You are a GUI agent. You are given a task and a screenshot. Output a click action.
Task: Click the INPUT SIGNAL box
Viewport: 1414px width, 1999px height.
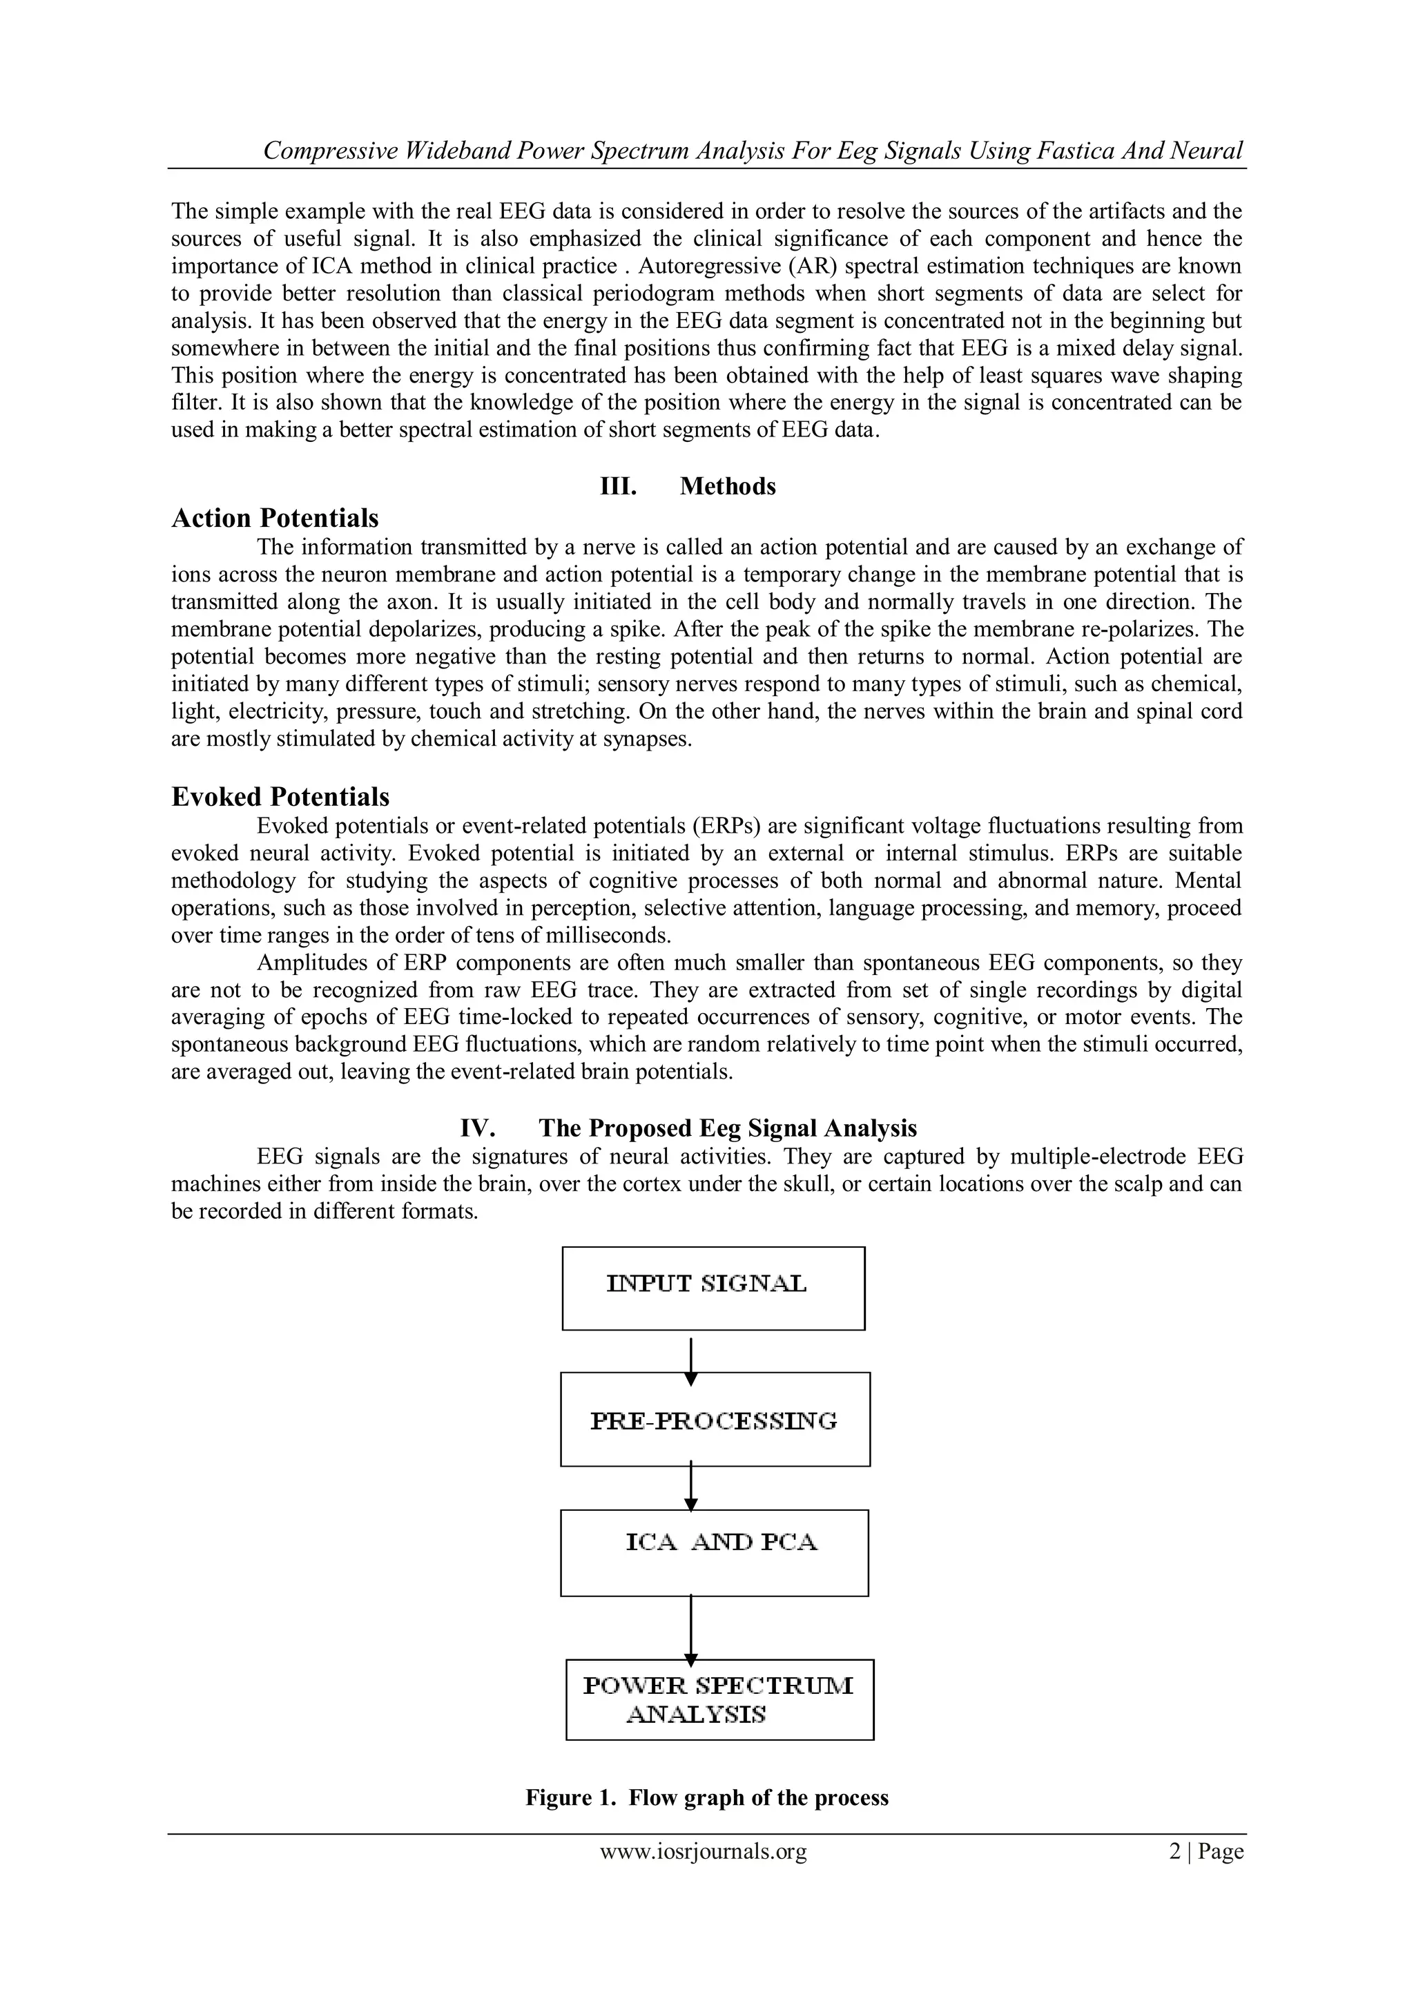713,1288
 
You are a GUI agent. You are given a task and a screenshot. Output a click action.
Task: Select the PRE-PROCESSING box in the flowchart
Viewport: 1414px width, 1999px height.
715,1419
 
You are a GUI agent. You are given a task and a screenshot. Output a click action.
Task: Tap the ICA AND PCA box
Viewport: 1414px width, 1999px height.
714,1552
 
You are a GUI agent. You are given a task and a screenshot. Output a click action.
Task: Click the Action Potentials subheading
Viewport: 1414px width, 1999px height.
275,518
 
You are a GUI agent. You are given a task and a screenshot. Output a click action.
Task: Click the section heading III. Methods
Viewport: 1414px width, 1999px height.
688,486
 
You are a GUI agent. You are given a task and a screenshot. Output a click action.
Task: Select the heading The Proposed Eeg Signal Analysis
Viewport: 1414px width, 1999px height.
727,1128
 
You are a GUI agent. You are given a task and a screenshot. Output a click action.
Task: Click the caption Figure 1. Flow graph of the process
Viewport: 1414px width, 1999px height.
707,1798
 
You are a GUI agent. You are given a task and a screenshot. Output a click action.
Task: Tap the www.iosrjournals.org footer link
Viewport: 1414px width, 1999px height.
703,1851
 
